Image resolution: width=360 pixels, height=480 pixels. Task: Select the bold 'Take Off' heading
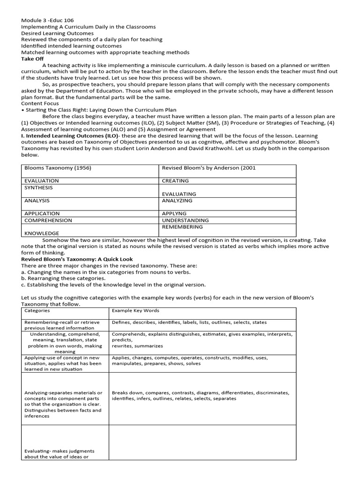click(x=32, y=59)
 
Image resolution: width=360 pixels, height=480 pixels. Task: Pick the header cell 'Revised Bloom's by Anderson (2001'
click(x=209, y=168)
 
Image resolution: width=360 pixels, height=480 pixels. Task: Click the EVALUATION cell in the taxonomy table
click(x=42, y=180)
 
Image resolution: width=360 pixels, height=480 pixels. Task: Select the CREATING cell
click(x=175, y=180)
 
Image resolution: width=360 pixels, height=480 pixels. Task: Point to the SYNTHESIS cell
click(x=38, y=187)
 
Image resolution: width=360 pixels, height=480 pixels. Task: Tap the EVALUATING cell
click(x=179, y=194)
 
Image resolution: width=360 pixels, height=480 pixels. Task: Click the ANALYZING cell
click(x=177, y=200)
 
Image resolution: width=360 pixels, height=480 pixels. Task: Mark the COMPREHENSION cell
click(x=48, y=220)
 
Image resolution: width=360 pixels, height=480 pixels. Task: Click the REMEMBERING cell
click(x=182, y=226)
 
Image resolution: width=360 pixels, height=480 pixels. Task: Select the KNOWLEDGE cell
click(x=42, y=233)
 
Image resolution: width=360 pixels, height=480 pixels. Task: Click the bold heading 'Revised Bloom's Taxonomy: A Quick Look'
click(x=77, y=259)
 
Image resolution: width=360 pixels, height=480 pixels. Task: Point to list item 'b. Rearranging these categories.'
click(x=63, y=278)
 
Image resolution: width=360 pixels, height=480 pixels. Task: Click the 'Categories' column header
click(x=37, y=310)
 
